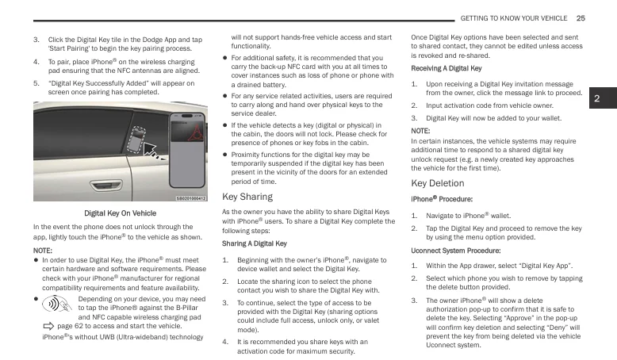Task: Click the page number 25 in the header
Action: coord(581,18)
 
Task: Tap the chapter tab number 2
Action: coord(599,99)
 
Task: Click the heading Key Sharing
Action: coord(247,197)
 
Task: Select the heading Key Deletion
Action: coord(437,183)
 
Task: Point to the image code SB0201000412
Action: coord(190,198)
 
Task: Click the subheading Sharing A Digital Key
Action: coord(254,243)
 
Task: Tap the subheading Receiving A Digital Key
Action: coord(446,68)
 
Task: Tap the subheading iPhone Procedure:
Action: coord(442,199)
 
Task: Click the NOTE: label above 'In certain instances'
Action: coord(421,131)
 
